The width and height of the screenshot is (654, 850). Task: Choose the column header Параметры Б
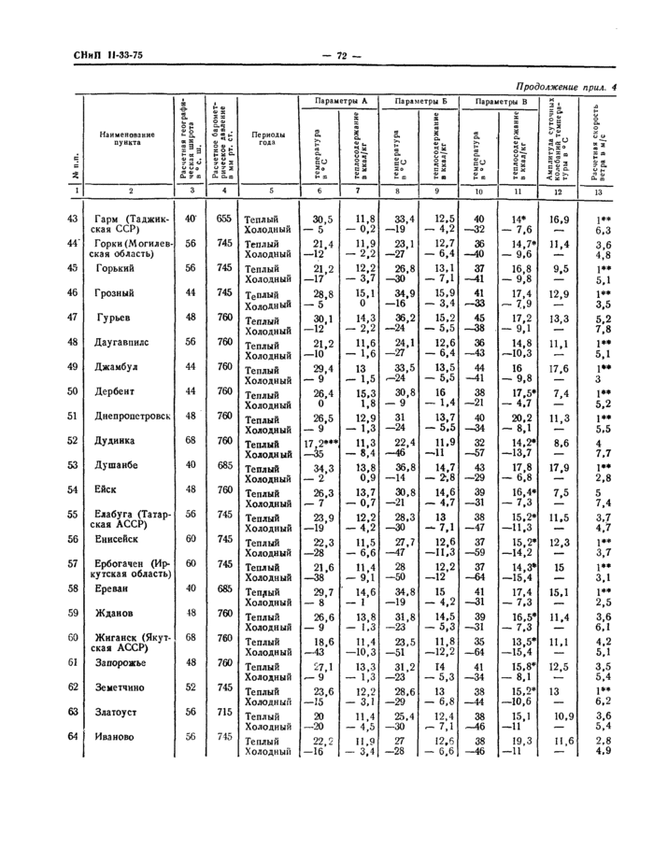tap(420, 101)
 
